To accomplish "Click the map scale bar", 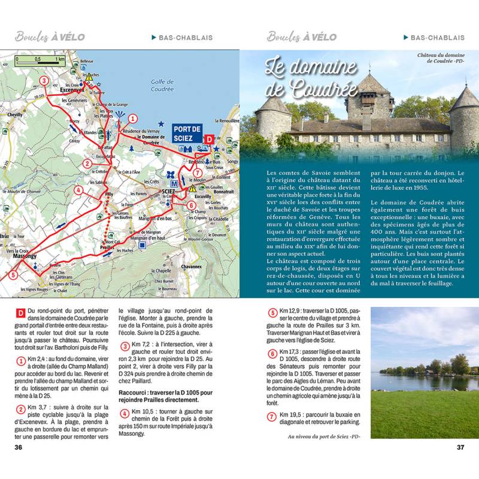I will [x=40, y=59].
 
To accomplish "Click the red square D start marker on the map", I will [x=209, y=139].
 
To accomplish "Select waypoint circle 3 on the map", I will [x=44, y=81].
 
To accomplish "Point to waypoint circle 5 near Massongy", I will [x=13, y=275].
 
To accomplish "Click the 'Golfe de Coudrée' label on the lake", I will [x=162, y=86].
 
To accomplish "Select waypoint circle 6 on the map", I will [x=191, y=206].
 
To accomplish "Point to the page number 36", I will [x=19, y=447].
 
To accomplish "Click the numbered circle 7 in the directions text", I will [x=272, y=416].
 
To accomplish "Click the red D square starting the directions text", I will [x=21, y=313].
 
